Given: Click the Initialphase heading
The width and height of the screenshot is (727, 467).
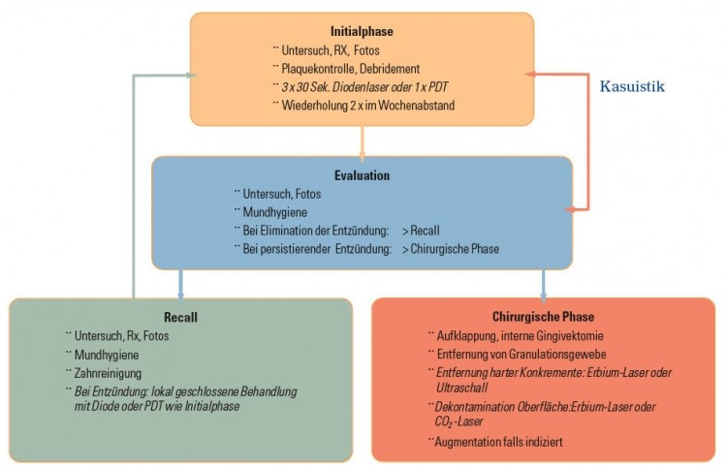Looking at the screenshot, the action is (x=362, y=32).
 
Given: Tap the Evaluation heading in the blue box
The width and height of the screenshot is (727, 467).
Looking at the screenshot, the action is (x=363, y=175).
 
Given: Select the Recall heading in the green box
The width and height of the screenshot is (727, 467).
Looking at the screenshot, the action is (x=181, y=318).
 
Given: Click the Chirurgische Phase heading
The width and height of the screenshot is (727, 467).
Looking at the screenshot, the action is (x=544, y=317).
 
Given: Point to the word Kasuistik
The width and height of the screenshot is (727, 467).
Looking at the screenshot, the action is (x=632, y=86).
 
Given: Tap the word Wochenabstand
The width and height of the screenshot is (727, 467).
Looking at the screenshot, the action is (x=417, y=106).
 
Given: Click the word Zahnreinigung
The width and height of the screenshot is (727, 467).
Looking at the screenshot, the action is (x=108, y=373).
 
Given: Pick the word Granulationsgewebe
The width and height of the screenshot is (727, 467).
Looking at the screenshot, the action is (x=557, y=355).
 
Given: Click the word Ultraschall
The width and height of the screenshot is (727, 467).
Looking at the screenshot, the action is (x=461, y=388).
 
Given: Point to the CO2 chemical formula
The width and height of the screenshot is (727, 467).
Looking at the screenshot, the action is (x=443, y=421).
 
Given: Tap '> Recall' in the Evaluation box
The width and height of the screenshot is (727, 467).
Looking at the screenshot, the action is (x=421, y=231).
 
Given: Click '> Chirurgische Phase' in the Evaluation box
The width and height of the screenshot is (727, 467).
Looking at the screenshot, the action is (x=451, y=249).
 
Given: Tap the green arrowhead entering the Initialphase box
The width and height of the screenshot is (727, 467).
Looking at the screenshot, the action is (x=191, y=75).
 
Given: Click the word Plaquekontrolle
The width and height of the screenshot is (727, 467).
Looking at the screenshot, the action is (x=319, y=69).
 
